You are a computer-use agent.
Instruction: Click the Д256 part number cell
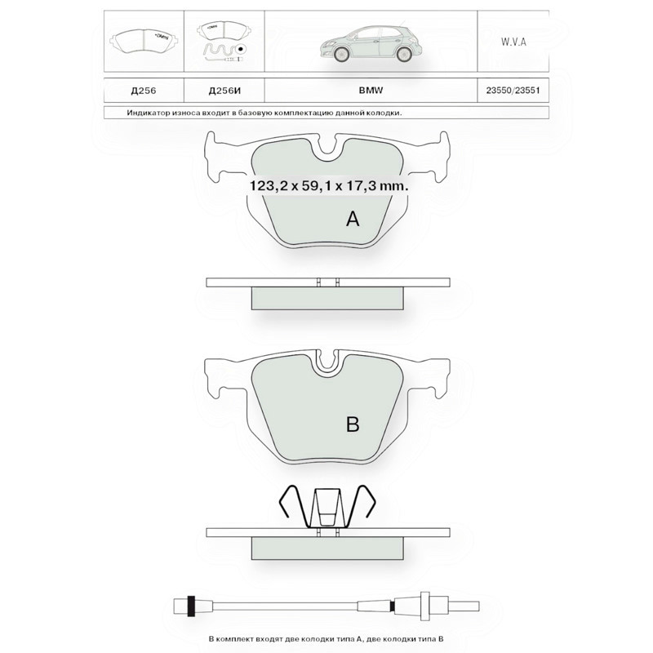click(x=144, y=91)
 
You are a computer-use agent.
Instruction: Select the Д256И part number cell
click(x=224, y=91)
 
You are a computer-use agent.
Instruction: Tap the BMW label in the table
click(x=371, y=90)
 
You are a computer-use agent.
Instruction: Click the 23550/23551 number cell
click(x=513, y=90)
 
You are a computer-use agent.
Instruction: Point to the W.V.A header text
click(x=513, y=42)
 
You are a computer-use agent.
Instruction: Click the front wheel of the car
click(x=341, y=54)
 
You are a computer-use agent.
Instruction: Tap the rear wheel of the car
click(x=403, y=54)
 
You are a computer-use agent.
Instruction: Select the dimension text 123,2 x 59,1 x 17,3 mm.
click(x=329, y=186)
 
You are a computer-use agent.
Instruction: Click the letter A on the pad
click(x=353, y=218)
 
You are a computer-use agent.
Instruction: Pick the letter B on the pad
click(x=353, y=424)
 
